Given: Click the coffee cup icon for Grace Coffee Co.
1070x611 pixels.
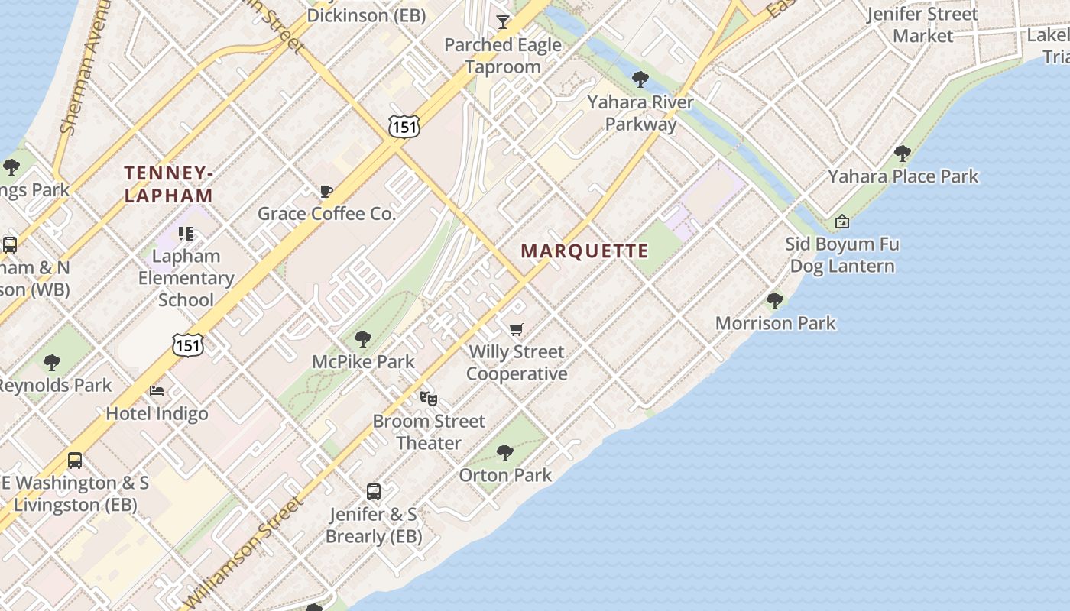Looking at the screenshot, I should [x=326, y=191].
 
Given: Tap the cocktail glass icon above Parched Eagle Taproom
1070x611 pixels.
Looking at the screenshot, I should [x=503, y=21].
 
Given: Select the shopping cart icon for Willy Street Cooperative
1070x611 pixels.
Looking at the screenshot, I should [x=517, y=329].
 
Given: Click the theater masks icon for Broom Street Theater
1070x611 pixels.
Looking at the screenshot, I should [x=429, y=398].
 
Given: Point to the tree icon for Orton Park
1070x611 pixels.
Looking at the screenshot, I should [x=504, y=453].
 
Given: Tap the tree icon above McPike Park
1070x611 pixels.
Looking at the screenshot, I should [x=363, y=338].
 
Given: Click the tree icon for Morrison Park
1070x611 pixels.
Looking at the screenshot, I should [x=775, y=300].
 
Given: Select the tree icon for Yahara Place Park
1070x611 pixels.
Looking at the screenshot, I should [x=903, y=154].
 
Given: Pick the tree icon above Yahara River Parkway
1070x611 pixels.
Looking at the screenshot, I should [x=640, y=79].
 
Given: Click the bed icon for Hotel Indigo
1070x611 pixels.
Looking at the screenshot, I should [x=157, y=391].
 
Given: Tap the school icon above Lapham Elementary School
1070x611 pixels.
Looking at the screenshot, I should [x=186, y=233].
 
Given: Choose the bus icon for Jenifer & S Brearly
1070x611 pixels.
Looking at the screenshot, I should [x=374, y=492].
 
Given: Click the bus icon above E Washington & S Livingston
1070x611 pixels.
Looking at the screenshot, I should [x=75, y=461].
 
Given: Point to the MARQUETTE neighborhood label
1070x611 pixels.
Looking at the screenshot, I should [x=585, y=251].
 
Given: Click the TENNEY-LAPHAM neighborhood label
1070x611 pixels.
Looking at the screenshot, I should [x=168, y=184].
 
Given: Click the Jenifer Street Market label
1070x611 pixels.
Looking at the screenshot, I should [x=922, y=24].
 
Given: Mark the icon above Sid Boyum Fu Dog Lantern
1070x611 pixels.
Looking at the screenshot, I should [x=841, y=221].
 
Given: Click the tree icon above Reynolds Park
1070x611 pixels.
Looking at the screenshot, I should [x=52, y=362].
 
